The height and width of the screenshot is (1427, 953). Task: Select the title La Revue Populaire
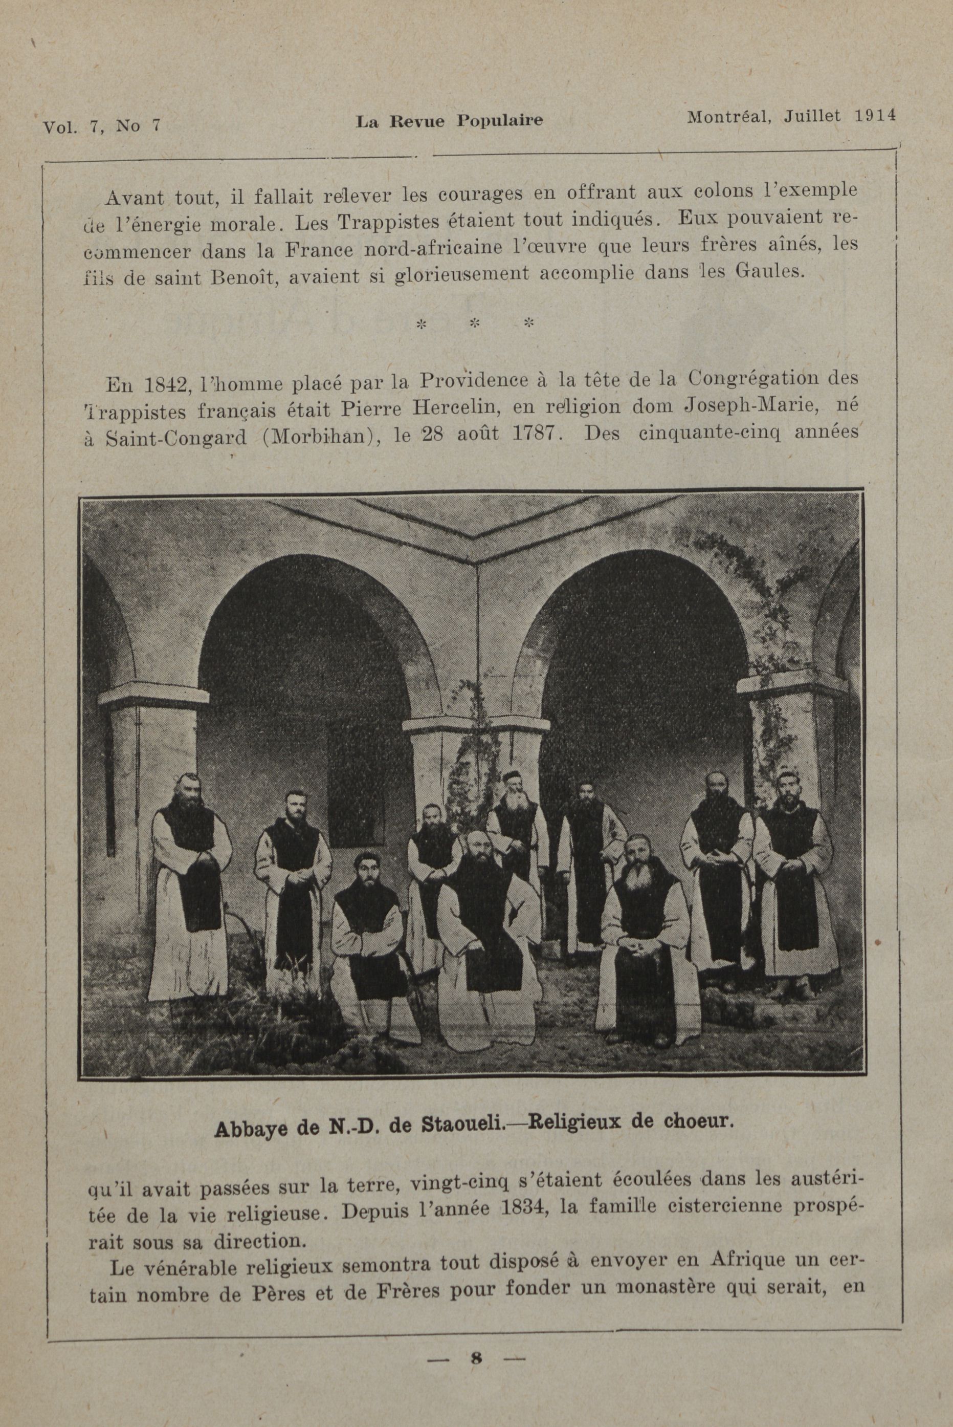click(449, 121)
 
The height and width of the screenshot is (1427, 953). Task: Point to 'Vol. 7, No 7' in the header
click(101, 126)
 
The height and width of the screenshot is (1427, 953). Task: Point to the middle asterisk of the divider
click(475, 323)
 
